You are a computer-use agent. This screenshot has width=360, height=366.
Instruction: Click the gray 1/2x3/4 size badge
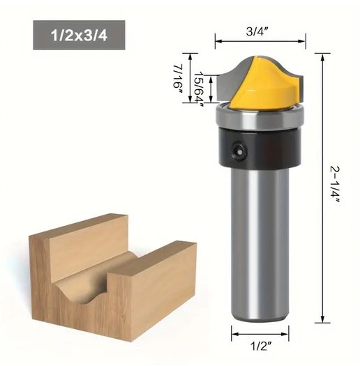point(79,35)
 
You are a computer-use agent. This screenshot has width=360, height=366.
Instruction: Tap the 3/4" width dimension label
point(257,31)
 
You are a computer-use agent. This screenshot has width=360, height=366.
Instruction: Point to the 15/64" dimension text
point(200,89)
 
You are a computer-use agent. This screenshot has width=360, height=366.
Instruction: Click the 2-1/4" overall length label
point(335,185)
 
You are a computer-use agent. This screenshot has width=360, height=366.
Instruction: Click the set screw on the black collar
point(239,152)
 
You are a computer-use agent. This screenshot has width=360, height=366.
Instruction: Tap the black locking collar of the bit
point(260,148)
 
